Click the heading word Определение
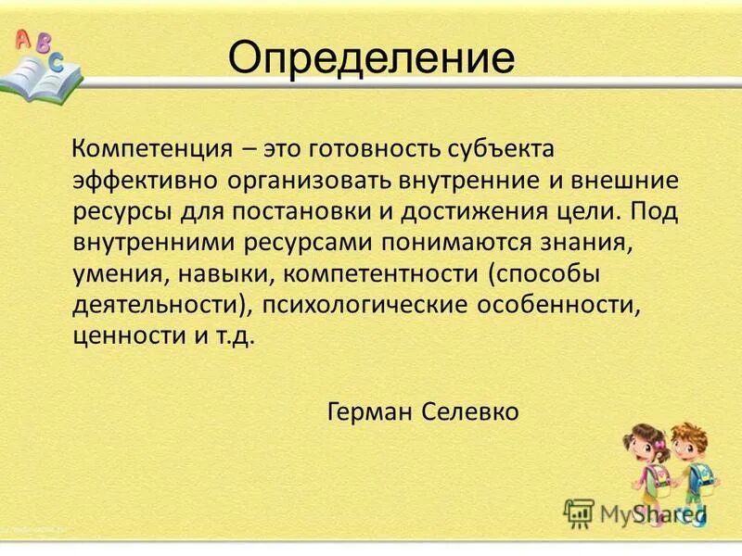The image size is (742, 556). coord(371,58)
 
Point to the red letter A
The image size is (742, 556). coord(22,37)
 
